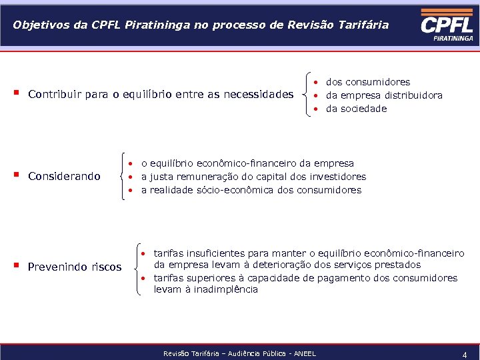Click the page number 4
pyautogui.click(x=465, y=355)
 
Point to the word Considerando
pyautogui.click(x=64, y=176)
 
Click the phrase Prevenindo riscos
pyautogui.click(x=75, y=267)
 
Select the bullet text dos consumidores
pyautogui.click(x=368, y=82)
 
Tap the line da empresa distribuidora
pyautogui.click(x=383, y=95)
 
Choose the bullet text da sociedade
pyautogui.click(x=356, y=109)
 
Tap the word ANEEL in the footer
pyautogui.click(x=304, y=353)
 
